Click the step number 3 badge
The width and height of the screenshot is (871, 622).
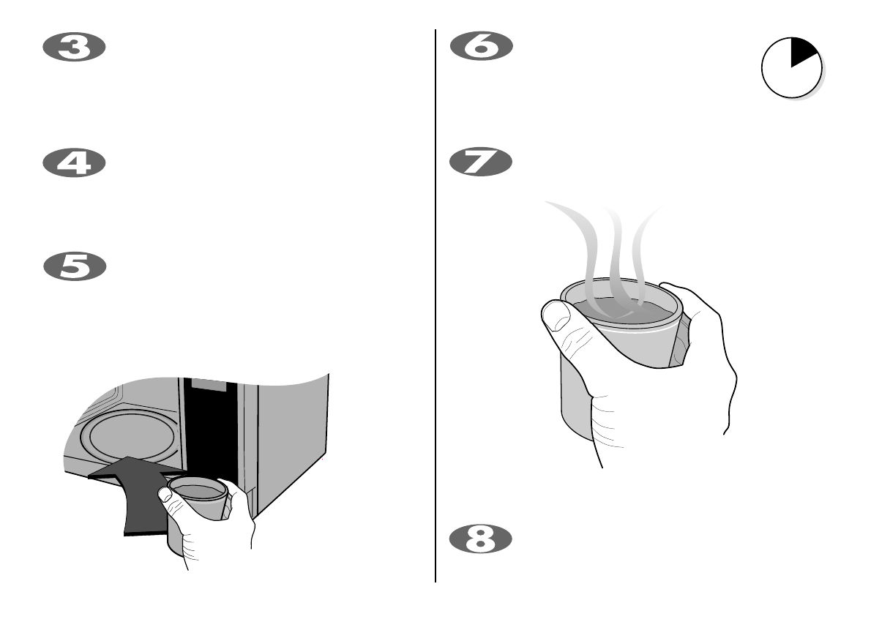tap(75, 48)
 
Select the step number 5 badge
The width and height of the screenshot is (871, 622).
tap(75, 266)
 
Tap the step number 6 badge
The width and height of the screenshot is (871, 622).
tap(480, 48)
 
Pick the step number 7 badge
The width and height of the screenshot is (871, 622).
tap(480, 162)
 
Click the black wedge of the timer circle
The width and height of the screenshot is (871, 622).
tap(803, 53)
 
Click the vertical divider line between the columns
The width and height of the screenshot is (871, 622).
tap(435, 307)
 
